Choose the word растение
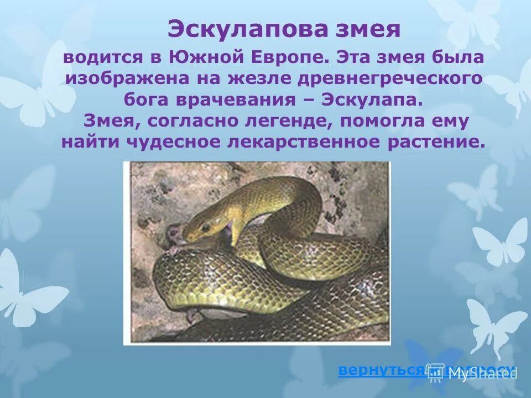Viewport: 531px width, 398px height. [x=441, y=142]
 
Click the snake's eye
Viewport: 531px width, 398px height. [x=205, y=226]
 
